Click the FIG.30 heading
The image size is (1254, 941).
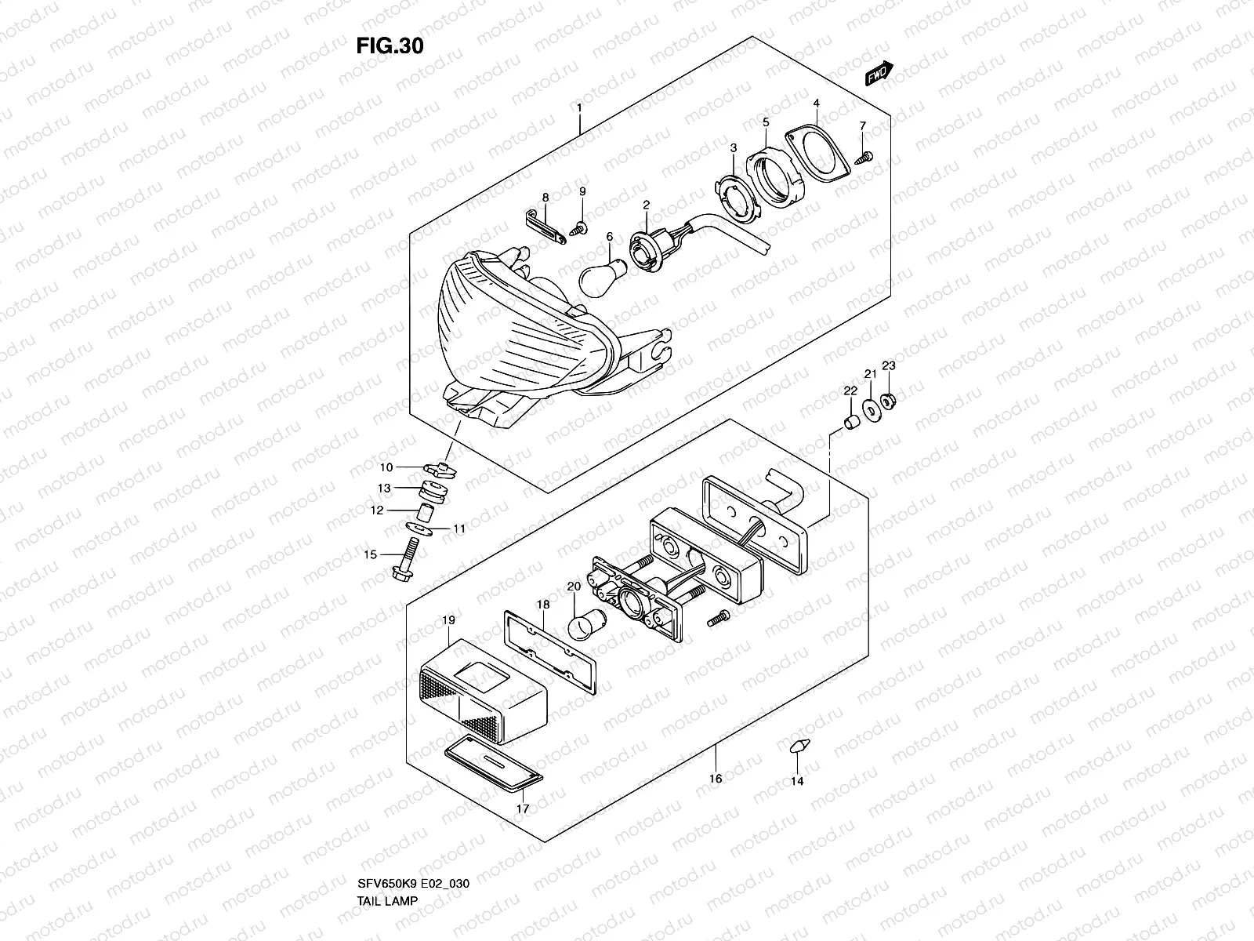click(x=390, y=46)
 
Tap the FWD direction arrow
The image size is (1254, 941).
click(x=879, y=73)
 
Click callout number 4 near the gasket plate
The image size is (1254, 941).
click(x=816, y=104)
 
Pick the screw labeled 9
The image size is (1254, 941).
click(x=580, y=228)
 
